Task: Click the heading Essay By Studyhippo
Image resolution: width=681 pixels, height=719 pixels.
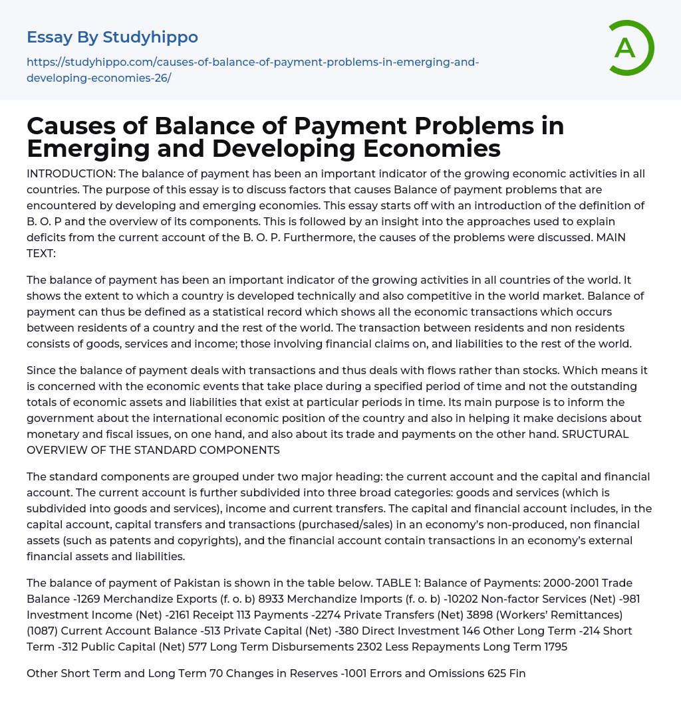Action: coord(112,37)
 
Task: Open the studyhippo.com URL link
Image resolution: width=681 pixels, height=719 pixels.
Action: coord(253,70)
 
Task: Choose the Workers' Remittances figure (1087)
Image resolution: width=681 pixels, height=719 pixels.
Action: coord(42,631)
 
